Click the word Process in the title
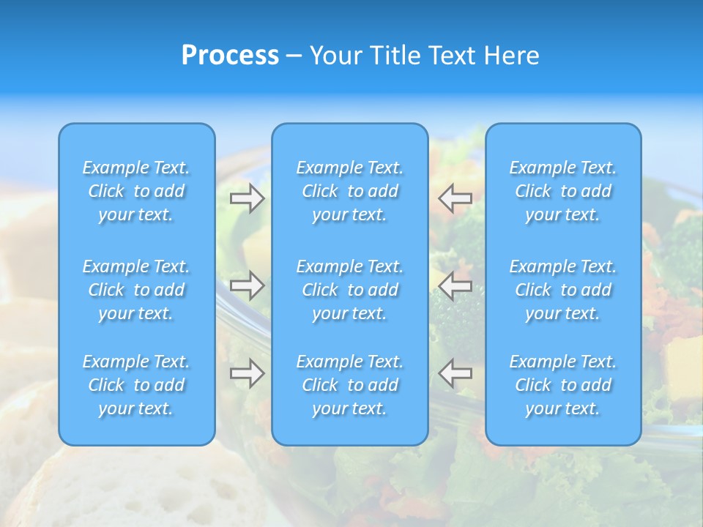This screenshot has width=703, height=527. click(x=230, y=56)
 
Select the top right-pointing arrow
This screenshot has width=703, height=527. click(x=247, y=198)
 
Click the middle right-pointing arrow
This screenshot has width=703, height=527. click(x=247, y=285)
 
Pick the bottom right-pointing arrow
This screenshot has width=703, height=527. click(x=247, y=373)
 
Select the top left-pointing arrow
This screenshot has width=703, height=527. click(x=455, y=198)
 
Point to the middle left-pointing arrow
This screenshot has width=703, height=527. click(x=455, y=285)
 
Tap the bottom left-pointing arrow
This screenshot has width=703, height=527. click(x=455, y=373)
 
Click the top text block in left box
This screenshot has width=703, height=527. click(x=136, y=191)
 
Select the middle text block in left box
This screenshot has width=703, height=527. click(x=136, y=290)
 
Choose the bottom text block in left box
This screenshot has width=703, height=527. click(x=136, y=385)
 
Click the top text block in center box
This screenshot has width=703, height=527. click(x=350, y=191)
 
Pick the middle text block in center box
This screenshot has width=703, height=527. click(x=350, y=290)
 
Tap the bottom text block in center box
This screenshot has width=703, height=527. click(x=350, y=385)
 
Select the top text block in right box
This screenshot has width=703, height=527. click(x=563, y=191)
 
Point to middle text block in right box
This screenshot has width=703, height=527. click(x=563, y=290)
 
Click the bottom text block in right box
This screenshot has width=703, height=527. click(x=563, y=385)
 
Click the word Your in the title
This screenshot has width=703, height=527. click(x=337, y=56)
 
